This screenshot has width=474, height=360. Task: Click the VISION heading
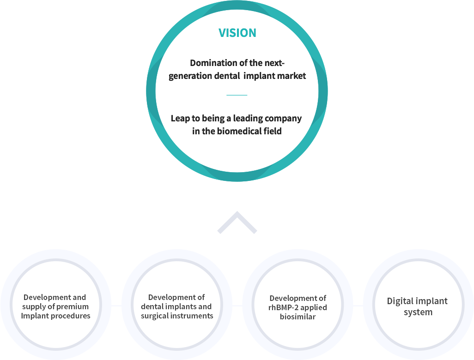[237, 33]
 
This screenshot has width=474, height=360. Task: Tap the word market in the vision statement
[291, 76]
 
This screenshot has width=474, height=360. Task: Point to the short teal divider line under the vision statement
[237, 95]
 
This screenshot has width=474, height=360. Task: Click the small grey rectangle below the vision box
[237, 222]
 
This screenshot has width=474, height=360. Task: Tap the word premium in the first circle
[73, 306]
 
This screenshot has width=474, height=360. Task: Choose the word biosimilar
[298, 317]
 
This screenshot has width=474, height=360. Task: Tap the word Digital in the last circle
[401, 301]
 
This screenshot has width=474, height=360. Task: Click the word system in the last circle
[418, 312]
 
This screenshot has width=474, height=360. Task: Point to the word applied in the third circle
[314, 307]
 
